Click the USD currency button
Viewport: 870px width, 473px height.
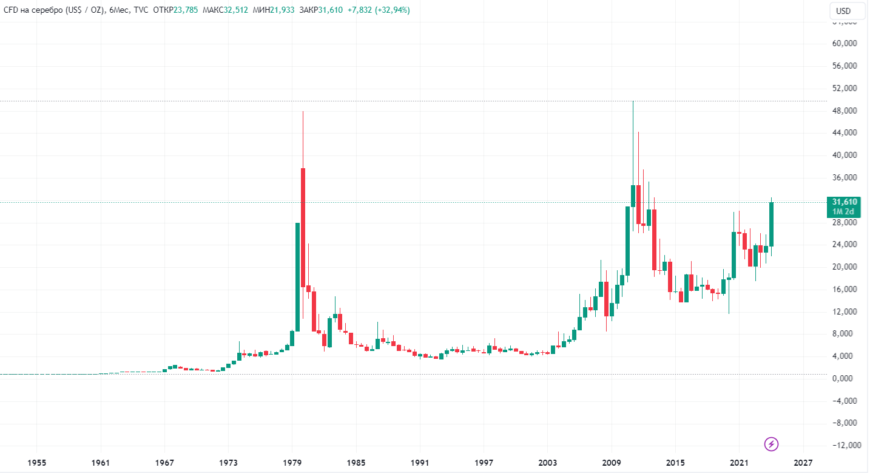tap(843, 11)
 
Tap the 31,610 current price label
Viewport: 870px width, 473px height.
tap(844, 202)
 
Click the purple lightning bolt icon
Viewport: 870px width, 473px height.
tap(771, 444)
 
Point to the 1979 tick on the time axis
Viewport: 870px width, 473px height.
tap(293, 463)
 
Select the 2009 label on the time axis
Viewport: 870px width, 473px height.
tap(612, 463)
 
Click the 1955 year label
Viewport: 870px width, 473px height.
tap(37, 463)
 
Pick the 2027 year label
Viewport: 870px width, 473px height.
tap(804, 463)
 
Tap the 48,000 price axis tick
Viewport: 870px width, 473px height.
tap(844, 111)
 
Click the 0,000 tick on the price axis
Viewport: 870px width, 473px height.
tap(845, 378)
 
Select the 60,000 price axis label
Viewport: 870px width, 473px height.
tap(844, 44)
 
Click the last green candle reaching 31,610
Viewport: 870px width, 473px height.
tap(771, 224)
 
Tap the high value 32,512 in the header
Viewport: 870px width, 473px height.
tap(237, 10)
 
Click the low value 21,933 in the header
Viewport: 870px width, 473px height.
tap(281, 10)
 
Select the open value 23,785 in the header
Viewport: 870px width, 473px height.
tap(186, 10)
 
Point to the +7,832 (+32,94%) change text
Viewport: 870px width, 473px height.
tap(379, 10)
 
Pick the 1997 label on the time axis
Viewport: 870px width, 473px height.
tap(484, 463)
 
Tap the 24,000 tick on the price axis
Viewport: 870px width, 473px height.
tap(844, 245)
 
